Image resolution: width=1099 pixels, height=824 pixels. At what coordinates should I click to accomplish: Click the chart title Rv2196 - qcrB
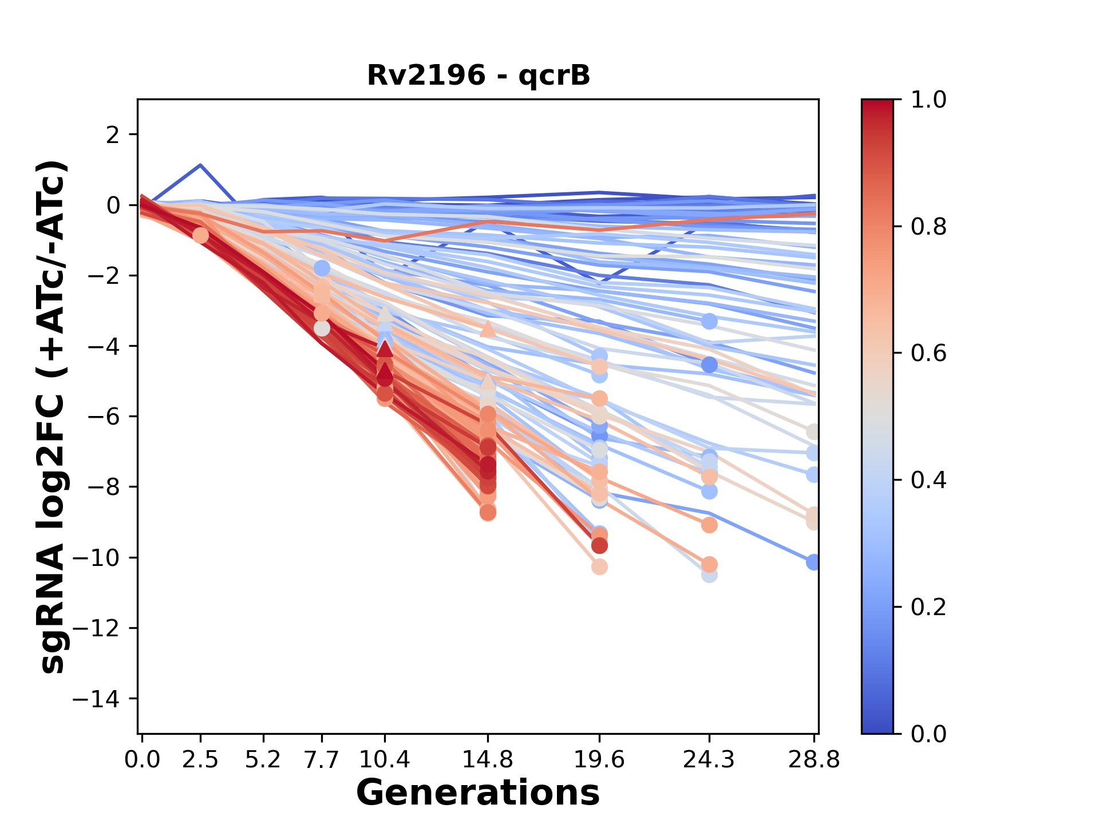tap(479, 76)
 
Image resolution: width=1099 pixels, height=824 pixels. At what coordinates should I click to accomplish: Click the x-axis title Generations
tap(478, 793)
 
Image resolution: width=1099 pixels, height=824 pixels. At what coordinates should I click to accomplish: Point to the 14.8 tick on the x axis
tap(488, 759)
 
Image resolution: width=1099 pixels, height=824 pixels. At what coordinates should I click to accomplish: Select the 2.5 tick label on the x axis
tap(200, 759)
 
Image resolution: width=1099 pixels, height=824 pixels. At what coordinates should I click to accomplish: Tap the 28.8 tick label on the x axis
tap(814, 759)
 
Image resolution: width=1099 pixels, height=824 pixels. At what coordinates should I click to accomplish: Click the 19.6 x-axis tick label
tap(599, 759)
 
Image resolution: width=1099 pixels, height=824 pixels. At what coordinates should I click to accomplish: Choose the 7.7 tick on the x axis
tap(322, 759)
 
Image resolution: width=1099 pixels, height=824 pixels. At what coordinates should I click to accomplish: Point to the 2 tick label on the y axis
tap(113, 135)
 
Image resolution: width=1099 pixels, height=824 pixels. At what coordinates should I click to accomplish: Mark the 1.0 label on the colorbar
tap(928, 100)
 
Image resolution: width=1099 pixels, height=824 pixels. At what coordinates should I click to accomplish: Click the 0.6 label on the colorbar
tap(928, 354)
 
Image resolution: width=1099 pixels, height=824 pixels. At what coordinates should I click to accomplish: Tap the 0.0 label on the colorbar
tap(928, 734)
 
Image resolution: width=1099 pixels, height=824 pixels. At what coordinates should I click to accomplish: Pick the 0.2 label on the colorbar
tap(928, 607)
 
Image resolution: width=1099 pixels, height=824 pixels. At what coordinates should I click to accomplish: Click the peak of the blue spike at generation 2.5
tap(200, 165)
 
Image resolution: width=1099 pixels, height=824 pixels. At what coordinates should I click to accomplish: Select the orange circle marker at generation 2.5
tap(200, 235)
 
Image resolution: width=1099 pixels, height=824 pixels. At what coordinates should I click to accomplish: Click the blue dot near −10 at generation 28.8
tap(813, 562)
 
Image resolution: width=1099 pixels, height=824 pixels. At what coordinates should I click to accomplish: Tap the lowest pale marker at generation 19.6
tap(599, 567)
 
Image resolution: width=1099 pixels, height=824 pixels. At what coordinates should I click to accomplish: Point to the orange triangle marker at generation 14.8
tap(488, 328)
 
